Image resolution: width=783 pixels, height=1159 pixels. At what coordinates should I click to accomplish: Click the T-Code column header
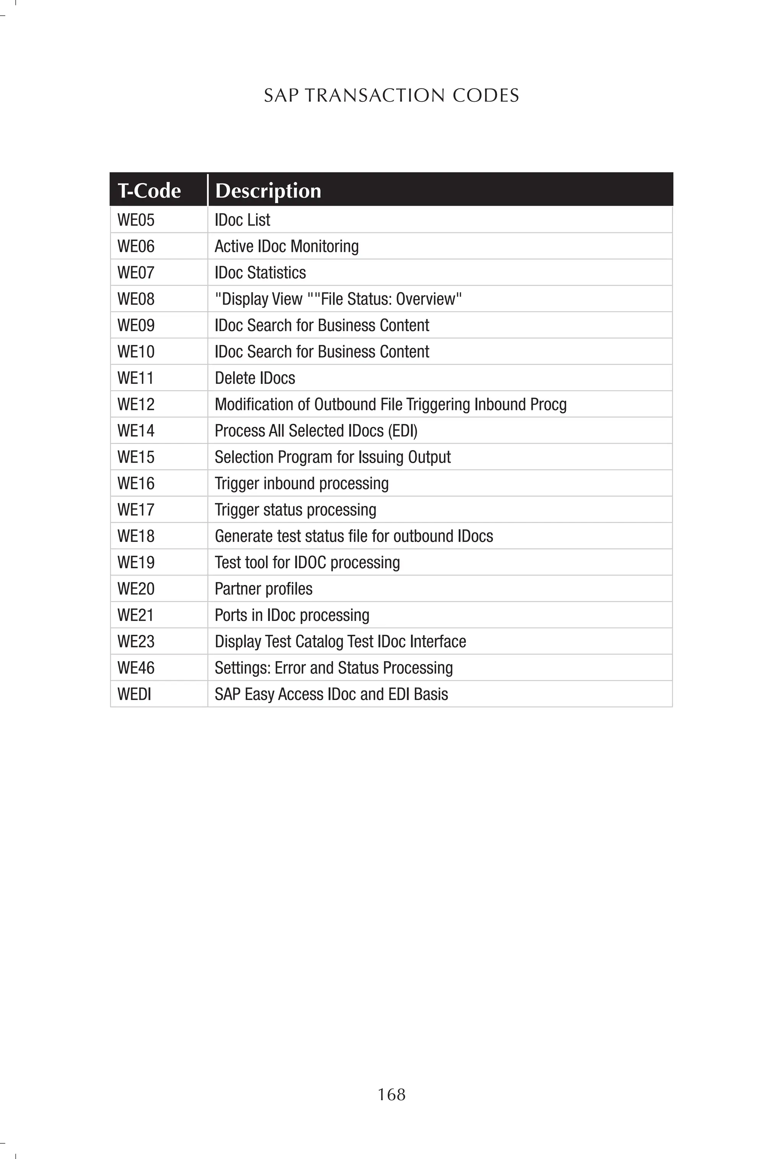pyautogui.click(x=149, y=190)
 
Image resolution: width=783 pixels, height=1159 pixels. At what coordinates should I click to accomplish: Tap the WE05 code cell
pyautogui.click(x=136, y=220)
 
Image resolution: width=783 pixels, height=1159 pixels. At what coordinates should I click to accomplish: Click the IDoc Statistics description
pyautogui.click(x=260, y=273)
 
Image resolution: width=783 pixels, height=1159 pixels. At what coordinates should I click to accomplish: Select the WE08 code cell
pyautogui.click(x=136, y=299)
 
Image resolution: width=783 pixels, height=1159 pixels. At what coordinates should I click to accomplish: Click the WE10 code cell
pyautogui.click(x=136, y=351)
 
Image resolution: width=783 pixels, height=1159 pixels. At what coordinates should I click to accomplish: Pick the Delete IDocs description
pyautogui.click(x=255, y=378)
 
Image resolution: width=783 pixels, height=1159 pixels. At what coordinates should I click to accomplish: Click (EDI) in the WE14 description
pyautogui.click(x=403, y=431)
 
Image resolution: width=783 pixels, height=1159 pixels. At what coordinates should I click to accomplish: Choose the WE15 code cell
pyautogui.click(x=136, y=457)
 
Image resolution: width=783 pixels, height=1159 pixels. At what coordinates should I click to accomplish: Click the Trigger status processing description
pyautogui.click(x=295, y=510)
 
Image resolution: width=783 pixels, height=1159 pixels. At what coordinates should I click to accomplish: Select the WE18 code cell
pyautogui.click(x=136, y=536)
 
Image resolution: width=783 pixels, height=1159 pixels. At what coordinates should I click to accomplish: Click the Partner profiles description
pyautogui.click(x=263, y=589)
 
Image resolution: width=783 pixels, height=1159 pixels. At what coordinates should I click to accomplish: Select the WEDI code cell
pyautogui.click(x=134, y=694)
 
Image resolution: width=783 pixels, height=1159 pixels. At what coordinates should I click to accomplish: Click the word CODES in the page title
pyautogui.click(x=486, y=95)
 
